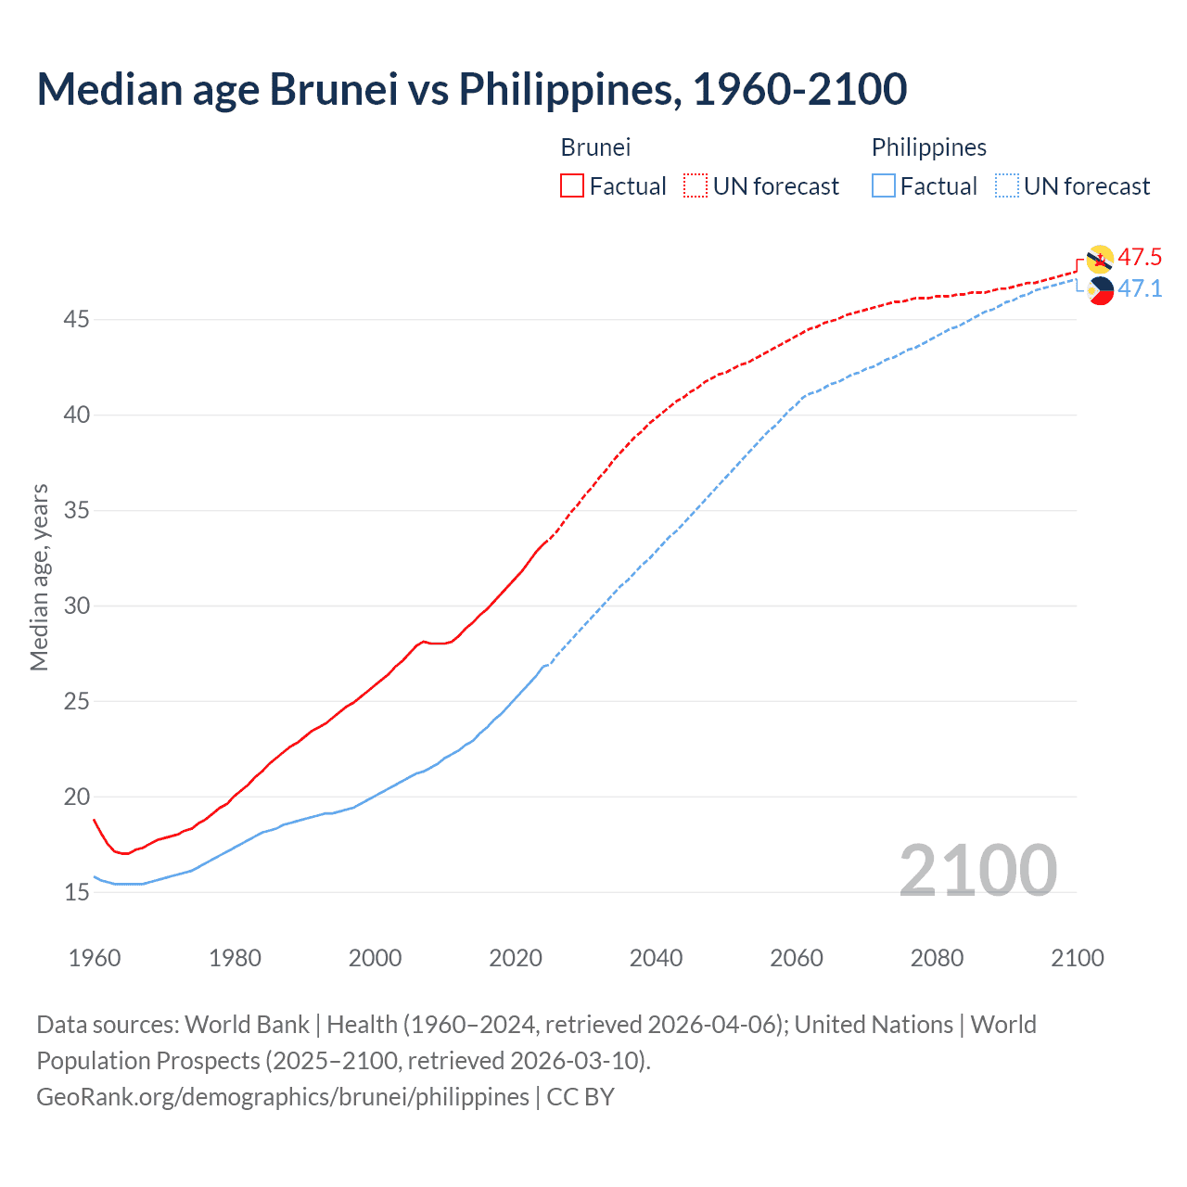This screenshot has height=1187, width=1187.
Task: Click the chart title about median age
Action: pyautogui.click(x=471, y=89)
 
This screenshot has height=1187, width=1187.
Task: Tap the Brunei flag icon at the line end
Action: pyautogui.click(x=1100, y=260)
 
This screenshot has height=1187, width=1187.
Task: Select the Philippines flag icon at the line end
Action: pyautogui.click(x=1101, y=290)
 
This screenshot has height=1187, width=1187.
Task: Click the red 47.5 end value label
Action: pyautogui.click(x=1140, y=257)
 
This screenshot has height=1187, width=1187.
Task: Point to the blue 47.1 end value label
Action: pyautogui.click(x=1140, y=288)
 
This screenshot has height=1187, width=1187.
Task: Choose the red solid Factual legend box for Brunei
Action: pyautogui.click(x=572, y=186)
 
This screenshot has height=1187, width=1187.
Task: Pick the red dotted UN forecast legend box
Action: pyautogui.click(x=696, y=186)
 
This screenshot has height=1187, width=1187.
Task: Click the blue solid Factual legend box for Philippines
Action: pyautogui.click(x=884, y=186)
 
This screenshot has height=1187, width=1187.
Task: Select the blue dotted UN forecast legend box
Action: pyautogui.click(x=1007, y=186)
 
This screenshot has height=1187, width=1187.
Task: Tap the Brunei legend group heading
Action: pyautogui.click(x=595, y=147)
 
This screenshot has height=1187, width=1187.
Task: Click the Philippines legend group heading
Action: pyautogui.click(x=928, y=147)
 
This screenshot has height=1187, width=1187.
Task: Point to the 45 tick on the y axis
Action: pyautogui.click(x=77, y=320)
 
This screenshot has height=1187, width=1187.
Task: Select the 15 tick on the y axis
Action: pyautogui.click(x=77, y=892)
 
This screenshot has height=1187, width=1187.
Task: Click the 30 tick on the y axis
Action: pyautogui.click(x=77, y=606)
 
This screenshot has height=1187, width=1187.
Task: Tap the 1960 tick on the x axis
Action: pyautogui.click(x=95, y=958)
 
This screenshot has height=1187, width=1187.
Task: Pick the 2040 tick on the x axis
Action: pyautogui.click(x=656, y=958)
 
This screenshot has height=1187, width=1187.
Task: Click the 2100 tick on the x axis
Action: pyautogui.click(x=1077, y=958)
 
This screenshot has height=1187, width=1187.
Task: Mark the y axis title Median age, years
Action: pyautogui.click(x=40, y=577)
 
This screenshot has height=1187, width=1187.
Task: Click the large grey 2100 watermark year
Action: pyautogui.click(x=977, y=870)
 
